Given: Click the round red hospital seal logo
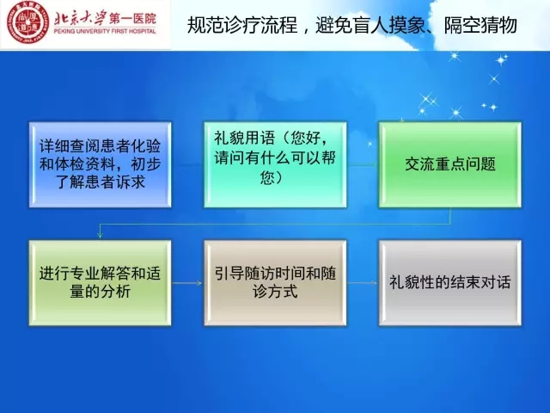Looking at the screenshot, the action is pyautogui.click(x=28, y=23).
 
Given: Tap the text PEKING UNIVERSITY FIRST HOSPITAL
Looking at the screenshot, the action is pyautogui.click(x=105, y=31).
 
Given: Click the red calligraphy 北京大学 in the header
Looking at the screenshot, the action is pyautogui.click(x=80, y=16).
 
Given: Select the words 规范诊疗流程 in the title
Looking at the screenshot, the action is pyautogui.click(x=242, y=25).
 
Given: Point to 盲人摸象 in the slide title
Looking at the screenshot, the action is pyautogui.click(x=390, y=25).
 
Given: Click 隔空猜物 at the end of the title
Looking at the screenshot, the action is pyautogui.click(x=480, y=25).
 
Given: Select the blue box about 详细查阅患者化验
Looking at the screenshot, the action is pyautogui.click(x=100, y=164).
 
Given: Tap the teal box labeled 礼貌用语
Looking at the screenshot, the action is pyautogui.click(x=275, y=164).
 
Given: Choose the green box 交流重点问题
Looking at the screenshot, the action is pyautogui.click(x=450, y=164).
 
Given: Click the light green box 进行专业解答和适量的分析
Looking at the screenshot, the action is pyautogui.click(x=100, y=283).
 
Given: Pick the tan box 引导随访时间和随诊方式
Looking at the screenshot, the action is pyautogui.click(x=275, y=283).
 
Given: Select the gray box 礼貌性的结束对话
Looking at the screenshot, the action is pyautogui.click(x=450, y=283).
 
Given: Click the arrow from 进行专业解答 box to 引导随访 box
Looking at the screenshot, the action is pyautogui.click(x=187, y=283).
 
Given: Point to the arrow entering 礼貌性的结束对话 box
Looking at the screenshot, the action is pyautogui.click(x=363, y=283).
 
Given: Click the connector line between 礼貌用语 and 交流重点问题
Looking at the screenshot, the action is pyautogui.click(x=363, y=164).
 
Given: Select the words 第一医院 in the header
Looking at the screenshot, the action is pyautogui.click(x=132, y=18).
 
